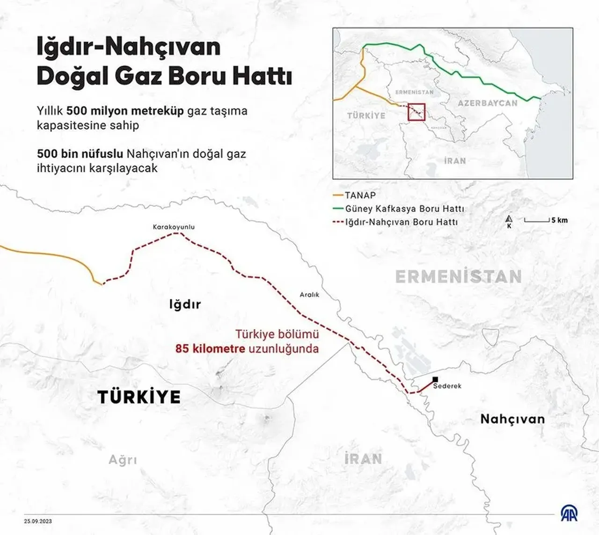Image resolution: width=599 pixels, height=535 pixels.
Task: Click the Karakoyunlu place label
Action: tap(174, 227)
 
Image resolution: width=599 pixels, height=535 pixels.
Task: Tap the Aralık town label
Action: tap(309, 295)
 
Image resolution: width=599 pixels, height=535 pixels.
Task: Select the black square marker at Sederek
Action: tap(436, 379)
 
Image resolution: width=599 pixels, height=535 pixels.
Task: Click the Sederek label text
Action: tap(447, 386)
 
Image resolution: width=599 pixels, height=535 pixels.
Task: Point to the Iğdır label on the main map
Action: tap(185, 304)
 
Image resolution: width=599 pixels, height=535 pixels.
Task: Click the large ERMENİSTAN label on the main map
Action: tap(458, 277)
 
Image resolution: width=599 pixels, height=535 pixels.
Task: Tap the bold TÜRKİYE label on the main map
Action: tap(139, 397)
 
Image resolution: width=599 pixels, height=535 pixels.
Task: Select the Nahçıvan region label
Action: tap(512, 419)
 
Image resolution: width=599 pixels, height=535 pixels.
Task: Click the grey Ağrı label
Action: tap(123, 460)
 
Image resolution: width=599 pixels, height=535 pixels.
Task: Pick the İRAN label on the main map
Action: tap(363, 459)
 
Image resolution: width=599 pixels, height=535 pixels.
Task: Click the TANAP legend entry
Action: tap(360, 195)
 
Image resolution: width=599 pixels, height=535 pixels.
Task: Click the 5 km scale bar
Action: tap(536, 220)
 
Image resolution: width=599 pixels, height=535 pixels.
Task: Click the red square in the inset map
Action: tap(416, 112)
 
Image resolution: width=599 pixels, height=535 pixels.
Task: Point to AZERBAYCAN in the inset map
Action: tap(487, 103)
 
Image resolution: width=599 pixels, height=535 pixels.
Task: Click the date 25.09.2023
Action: tap(38, 521)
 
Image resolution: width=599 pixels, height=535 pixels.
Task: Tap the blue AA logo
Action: tap(569, 513)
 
